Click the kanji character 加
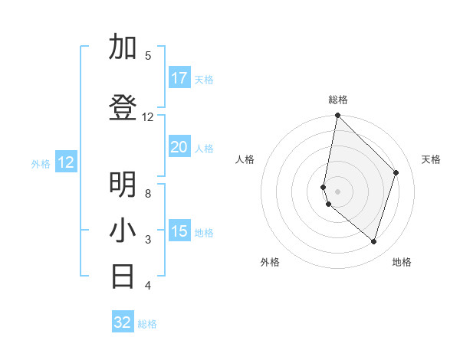click(123, 47)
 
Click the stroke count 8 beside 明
click(148, 193)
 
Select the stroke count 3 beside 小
click(148, 240)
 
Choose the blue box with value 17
click(179, 78)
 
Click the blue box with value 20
click(179, 147)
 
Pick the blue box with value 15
click(179, 231)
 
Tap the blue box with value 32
click(123, 322)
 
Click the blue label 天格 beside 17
click(204, 80)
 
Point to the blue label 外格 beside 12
click(41, 163)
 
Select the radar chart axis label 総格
click(338, 100)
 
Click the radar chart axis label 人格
click(245, 159)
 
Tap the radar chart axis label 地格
click(402, 262)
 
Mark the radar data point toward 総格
click(337, 116)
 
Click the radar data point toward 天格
click(396, 172)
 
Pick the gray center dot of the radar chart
click(337, 191)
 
